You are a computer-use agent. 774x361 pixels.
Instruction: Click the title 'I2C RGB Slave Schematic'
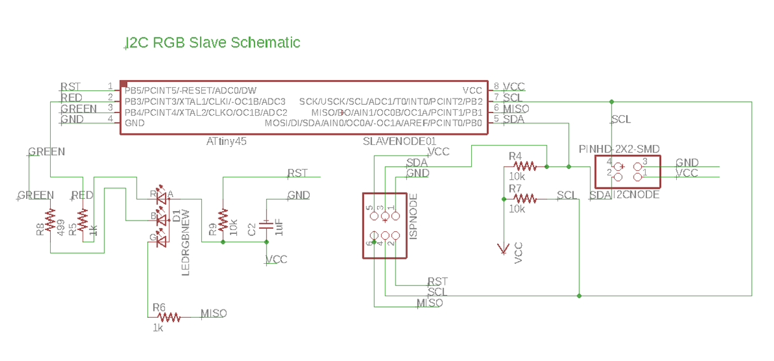click(213, 43)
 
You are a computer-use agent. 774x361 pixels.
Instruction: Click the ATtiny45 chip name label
click(226, 141)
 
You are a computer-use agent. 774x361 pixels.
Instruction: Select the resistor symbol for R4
click(525, 167)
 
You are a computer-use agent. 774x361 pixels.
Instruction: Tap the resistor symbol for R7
click(525, 199)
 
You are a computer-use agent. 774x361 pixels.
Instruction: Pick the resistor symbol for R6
click(169, 317)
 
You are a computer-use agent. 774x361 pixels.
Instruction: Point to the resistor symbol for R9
click(223, 221)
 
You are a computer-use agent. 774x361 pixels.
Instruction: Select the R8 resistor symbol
click(51, 218)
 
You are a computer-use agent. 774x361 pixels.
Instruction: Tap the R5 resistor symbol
click(82, 218)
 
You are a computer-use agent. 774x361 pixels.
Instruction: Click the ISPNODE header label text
click(413, 216)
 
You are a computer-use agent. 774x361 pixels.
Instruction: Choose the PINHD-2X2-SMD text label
click(619, 149)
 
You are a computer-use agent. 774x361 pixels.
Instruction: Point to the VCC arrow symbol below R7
click(504, 249)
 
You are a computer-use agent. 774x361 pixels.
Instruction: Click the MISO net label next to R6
click(213, 313)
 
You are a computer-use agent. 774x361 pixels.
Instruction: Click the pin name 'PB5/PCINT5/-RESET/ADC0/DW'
click(190, 91)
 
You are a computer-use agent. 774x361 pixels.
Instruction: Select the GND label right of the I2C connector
click(687, 163)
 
